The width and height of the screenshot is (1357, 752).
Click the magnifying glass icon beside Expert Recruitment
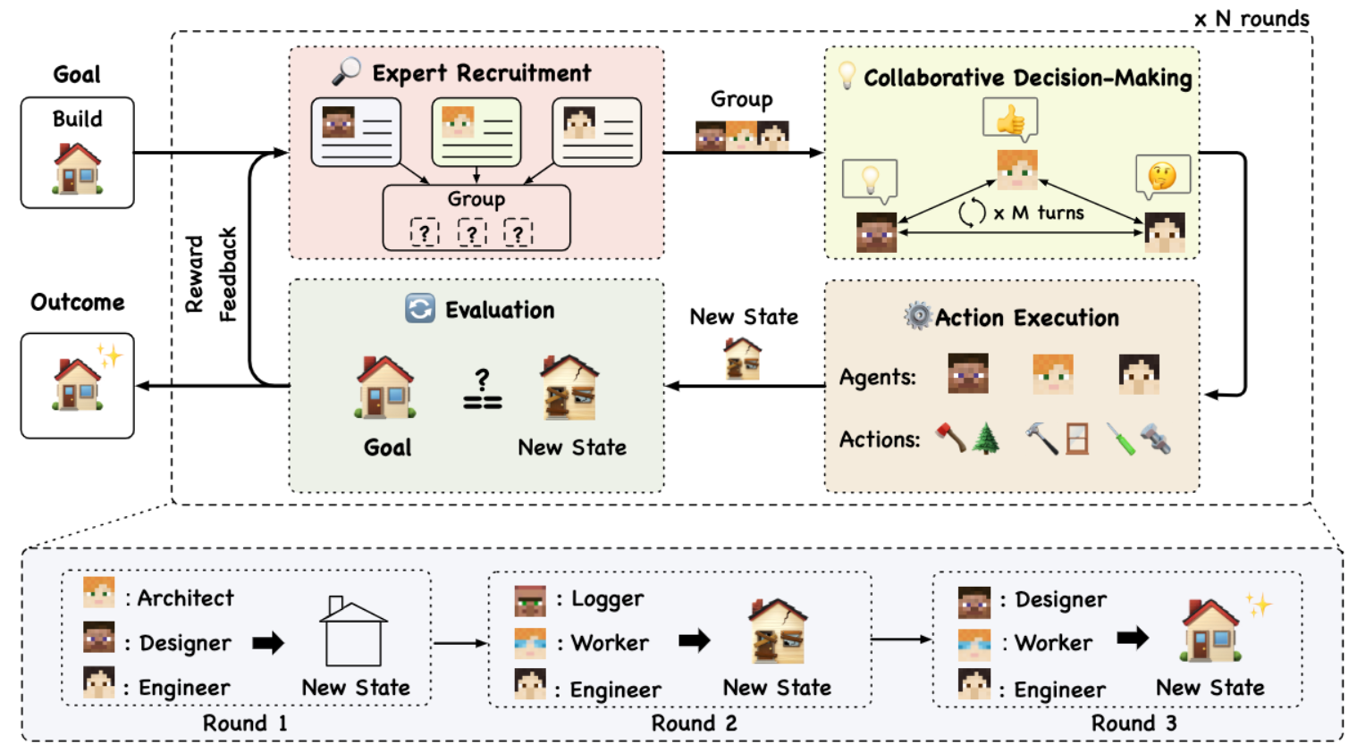[x=347, y=71]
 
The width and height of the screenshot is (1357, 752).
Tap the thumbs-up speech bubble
[x=1010, y=120]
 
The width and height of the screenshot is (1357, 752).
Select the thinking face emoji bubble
[x=1163, y=177]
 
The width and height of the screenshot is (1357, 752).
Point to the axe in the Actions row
[x=951, y=438]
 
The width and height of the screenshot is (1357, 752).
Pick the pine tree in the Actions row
[x=986, y=439]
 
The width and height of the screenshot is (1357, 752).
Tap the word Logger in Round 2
[x=607, y=599]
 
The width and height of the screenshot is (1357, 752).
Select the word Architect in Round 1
[x=185, y=598]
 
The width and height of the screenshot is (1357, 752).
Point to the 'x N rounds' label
[x=1252, y=19]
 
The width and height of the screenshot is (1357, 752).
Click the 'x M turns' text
[x=1039, y=213]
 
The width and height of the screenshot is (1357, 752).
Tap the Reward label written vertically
[x=195, y=274]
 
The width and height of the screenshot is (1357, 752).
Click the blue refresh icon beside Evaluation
[x=420, y=308]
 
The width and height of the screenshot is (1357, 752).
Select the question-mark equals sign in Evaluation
[x=482, y=389]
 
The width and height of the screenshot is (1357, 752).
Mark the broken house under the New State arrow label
[x=743, y=359]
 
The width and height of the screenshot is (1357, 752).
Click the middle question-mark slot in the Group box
[x=471, y=232]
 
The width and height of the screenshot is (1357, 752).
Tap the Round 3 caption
[x=1134, y=723]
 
